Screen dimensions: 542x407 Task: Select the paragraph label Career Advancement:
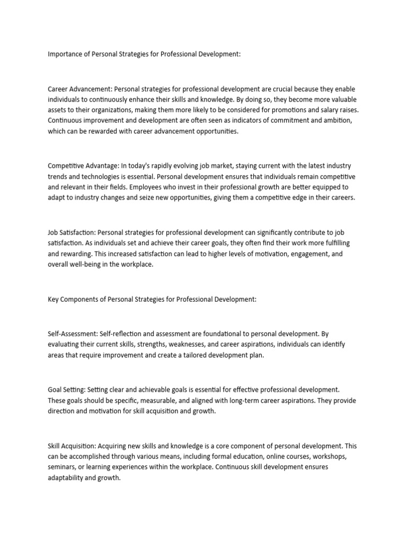tap(80, 89)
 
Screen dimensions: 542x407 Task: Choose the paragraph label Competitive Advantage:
tap(84, 166)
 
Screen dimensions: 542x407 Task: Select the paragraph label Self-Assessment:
tap(73, 335)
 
